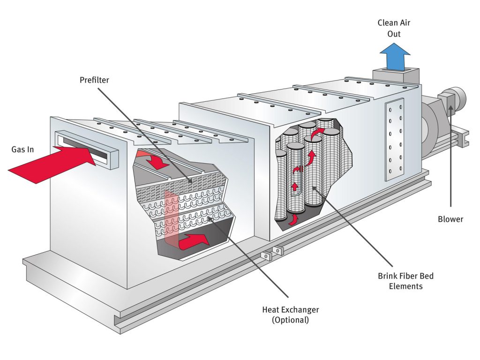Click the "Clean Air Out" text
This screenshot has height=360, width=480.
[x=395, y=28]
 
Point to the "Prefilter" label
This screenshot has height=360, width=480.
[x=94, y=80]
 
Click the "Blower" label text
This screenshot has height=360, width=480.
[x=450, y=219]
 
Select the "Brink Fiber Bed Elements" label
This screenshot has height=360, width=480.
[x=405, y=280]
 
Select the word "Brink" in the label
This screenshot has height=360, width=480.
[x=388, y=276]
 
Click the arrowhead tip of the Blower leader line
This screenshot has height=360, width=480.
[x=450, y=109]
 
